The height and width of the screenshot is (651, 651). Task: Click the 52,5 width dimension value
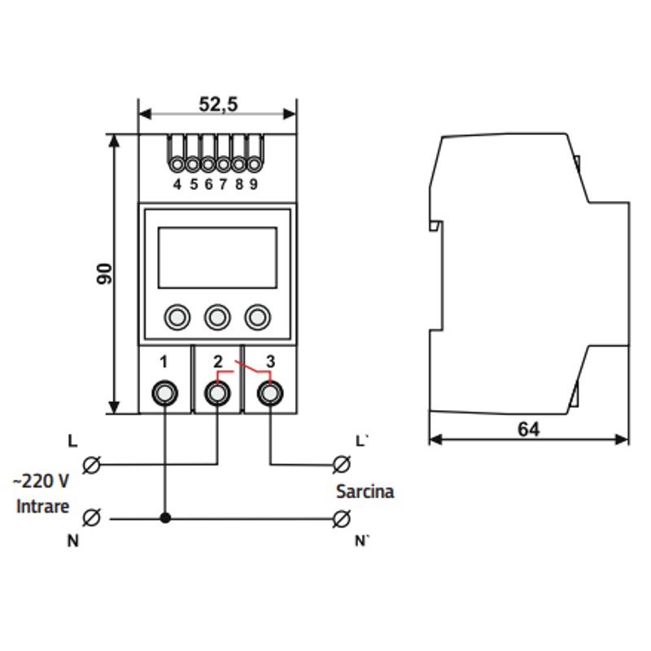coord(218,104)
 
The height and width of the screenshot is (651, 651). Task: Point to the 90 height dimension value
coord(104,274)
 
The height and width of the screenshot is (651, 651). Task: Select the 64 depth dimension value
coord(528,430)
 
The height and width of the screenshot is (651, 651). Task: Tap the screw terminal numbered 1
coord(165,393)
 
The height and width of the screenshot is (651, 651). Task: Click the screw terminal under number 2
coord(217,393)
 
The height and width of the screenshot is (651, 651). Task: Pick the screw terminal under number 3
coord(270,393)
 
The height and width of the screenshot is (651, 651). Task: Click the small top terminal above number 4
coord(177,164)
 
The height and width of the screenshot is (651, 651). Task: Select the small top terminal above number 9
coord(254,164)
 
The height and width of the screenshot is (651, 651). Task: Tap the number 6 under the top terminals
coord(208,185)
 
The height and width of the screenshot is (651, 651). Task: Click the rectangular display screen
coord(217,257)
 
